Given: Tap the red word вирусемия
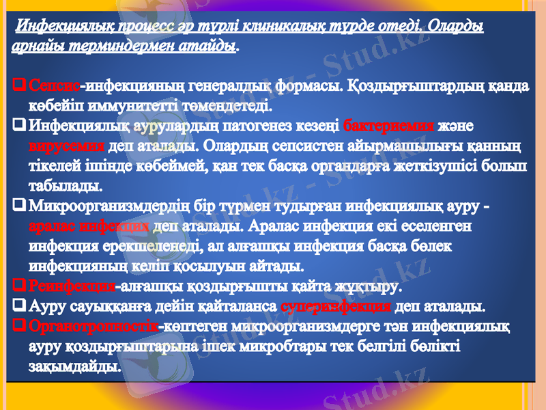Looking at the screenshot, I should (66, 147).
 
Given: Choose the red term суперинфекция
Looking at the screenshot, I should (336, 305).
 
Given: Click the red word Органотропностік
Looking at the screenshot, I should (93, 325).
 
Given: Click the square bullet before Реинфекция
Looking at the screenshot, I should (20, 284).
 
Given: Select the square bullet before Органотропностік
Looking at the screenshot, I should (20, 324).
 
